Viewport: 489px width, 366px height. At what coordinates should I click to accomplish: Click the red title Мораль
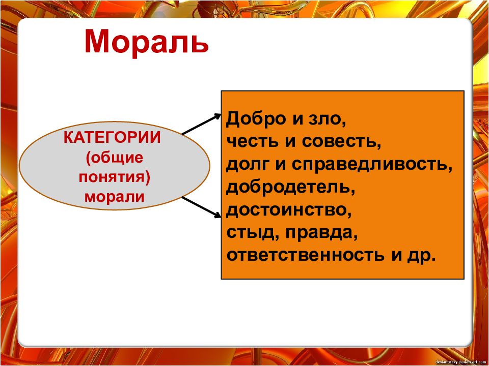click(x=146, y=42)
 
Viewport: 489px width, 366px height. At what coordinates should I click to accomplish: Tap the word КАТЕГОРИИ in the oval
click(x=112, y=138)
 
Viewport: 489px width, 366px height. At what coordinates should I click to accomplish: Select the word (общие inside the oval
click(x=115, y=158)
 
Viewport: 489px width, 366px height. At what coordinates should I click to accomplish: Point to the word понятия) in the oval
click(x=115, y=178)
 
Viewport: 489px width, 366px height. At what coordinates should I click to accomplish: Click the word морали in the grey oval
click(x=115, y=197)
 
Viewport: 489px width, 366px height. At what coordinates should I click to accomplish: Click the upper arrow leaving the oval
click(x=202, y=124)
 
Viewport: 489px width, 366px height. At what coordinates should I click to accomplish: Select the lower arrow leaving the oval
click(x=202, y=207)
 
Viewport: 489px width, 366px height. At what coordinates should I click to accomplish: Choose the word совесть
click(x=341, y=142)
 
